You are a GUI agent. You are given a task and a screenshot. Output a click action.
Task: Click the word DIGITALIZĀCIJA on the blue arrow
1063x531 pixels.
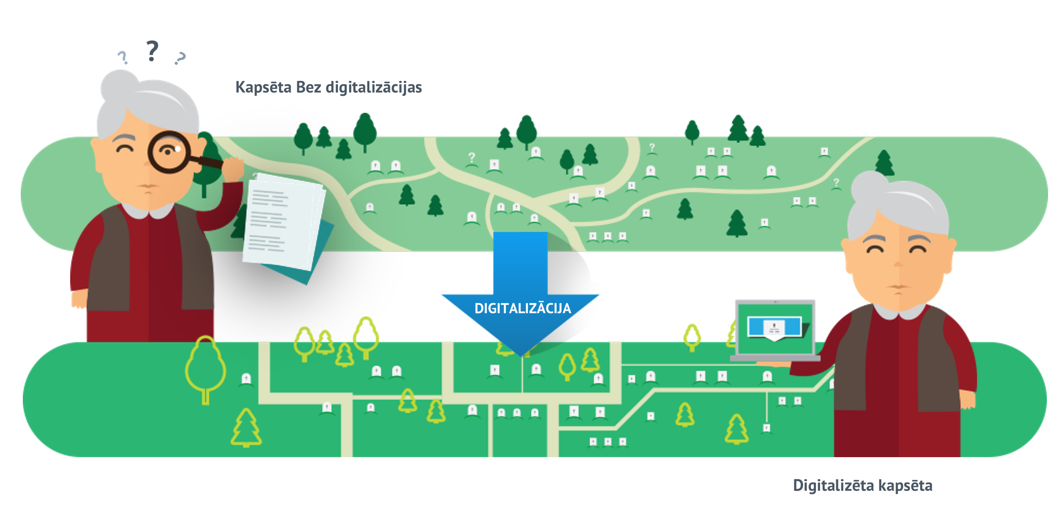(522, 308)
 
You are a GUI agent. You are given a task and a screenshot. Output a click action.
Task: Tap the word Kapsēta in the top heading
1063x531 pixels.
(263, 88)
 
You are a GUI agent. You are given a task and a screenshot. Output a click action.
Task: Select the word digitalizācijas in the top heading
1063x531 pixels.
(374, 88)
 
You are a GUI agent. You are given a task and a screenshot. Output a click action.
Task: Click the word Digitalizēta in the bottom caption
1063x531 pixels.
(826, 485)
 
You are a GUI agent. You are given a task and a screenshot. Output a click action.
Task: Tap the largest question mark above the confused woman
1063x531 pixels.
(152, 51)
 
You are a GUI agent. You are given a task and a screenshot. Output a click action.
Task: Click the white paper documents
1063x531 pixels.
(282, 220)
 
